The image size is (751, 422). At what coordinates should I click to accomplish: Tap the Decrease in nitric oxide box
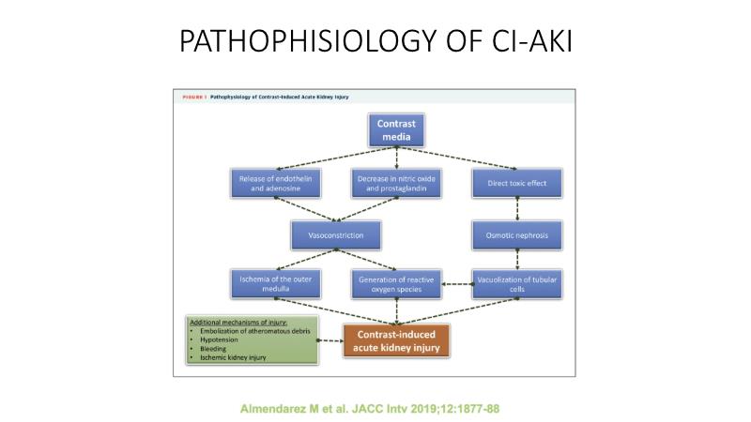(x=395, y=180)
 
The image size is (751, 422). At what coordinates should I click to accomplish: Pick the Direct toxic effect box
(x=517, y=180)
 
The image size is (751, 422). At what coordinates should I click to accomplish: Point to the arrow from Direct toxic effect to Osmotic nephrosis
(x=517, y=206)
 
